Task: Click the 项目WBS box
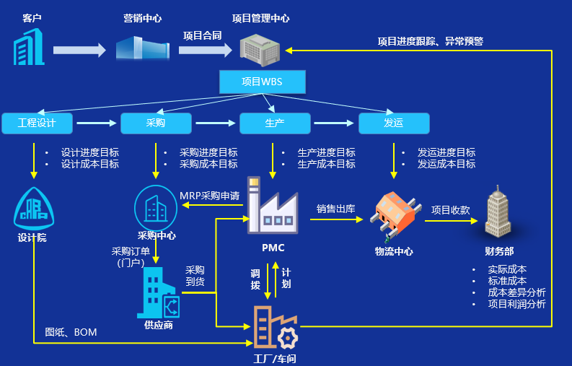coord(262,82)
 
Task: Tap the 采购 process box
coord(156,123)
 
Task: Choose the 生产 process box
coord(275,123)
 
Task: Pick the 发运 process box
coord(394,123)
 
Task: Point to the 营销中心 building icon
coord(141,48)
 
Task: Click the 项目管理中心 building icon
coord(260,48)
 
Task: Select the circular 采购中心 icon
coord(157,207)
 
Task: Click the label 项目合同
coord(202,35)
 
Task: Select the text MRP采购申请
coord(210,195)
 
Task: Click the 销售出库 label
coord(336,209)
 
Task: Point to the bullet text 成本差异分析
coord(516,292)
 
